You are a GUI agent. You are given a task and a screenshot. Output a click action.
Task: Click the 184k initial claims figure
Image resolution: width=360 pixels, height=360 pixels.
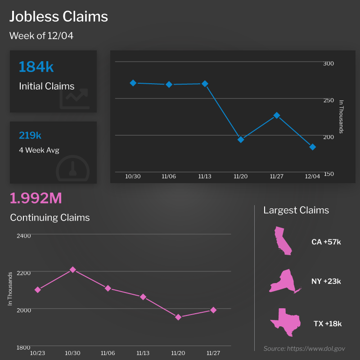36,67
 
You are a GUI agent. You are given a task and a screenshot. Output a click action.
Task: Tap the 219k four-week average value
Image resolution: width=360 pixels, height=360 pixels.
30,135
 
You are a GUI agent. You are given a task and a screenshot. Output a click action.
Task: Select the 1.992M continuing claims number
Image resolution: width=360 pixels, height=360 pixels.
36,198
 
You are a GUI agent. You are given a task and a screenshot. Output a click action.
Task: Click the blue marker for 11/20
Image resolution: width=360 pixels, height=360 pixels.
241,139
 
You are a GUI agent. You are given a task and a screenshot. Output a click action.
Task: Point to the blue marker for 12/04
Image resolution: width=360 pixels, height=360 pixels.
313,147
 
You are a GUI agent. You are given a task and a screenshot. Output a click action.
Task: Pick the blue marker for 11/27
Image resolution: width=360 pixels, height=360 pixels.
277,116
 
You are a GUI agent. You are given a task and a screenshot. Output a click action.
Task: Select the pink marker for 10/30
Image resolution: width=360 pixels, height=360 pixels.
73,270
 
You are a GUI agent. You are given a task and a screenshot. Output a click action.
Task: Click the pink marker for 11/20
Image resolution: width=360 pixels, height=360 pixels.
178,317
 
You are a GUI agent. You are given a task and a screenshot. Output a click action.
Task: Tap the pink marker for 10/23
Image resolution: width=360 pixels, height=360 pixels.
38,290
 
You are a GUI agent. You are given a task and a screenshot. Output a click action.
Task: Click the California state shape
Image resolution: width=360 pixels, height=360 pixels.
283,241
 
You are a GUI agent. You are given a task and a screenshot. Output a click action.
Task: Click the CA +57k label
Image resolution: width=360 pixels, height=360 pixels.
326,242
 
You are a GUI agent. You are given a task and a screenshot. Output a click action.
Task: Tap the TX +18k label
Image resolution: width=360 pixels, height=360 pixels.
328,324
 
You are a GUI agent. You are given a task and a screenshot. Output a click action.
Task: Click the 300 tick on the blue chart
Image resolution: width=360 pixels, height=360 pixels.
328,63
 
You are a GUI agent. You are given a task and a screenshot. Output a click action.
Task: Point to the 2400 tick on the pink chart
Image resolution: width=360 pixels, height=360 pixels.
23,235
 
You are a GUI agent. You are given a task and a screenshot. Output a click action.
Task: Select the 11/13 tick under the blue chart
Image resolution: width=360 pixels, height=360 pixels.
205,176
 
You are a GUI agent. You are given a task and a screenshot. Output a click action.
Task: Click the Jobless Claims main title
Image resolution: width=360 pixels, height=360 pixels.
59,17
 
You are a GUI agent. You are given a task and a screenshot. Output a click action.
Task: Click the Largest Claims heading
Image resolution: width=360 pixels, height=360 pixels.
296,210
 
